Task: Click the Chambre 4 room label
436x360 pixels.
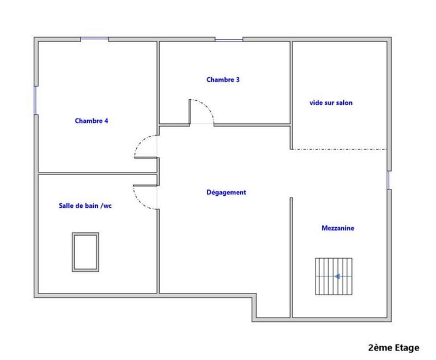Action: [92, 121]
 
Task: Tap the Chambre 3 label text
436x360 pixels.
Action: [223, 80]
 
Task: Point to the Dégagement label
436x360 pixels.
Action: [227, 193]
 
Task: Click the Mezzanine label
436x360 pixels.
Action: [338, 229]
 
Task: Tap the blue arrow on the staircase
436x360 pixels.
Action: [338, 277]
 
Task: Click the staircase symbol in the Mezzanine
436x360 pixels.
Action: [334, 277]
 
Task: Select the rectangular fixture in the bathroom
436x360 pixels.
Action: [86, 251]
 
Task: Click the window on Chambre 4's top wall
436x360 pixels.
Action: [94, 39]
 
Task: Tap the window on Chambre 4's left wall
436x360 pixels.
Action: [35, 100]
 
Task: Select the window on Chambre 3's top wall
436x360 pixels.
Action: [228, 39]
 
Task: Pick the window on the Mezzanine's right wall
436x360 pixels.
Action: [389, 180]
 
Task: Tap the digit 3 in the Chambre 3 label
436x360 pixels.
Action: [238, 80]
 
